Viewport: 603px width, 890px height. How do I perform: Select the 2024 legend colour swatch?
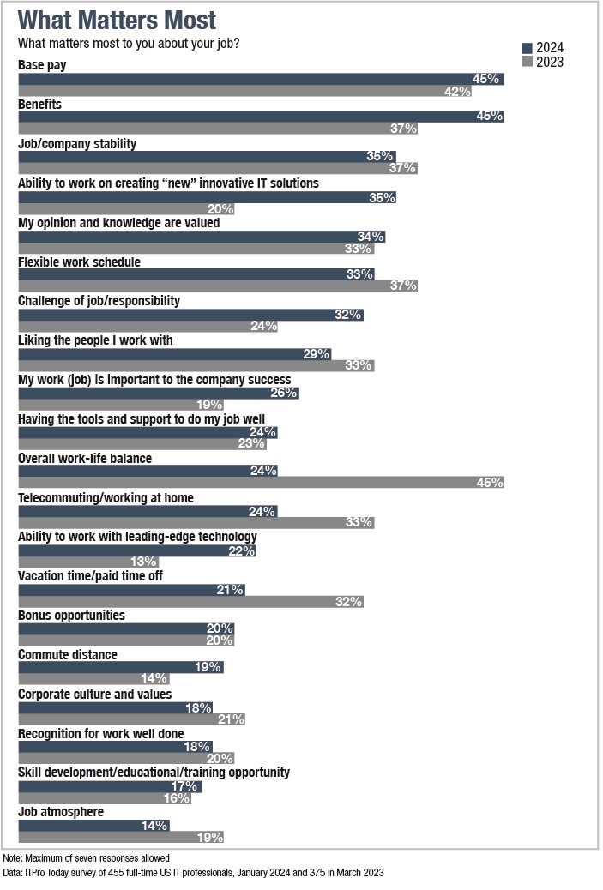click(528, 47)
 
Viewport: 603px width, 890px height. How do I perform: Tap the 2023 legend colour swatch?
click(528, 62)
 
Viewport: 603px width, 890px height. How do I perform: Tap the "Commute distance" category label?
click(68, 654)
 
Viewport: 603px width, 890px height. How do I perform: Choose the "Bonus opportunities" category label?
click(71, 615)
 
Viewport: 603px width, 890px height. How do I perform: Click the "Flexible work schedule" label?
click(79, 262)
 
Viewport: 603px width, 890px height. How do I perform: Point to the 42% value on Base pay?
click(457, 92)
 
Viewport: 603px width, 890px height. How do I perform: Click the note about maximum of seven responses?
click(87, 857)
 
